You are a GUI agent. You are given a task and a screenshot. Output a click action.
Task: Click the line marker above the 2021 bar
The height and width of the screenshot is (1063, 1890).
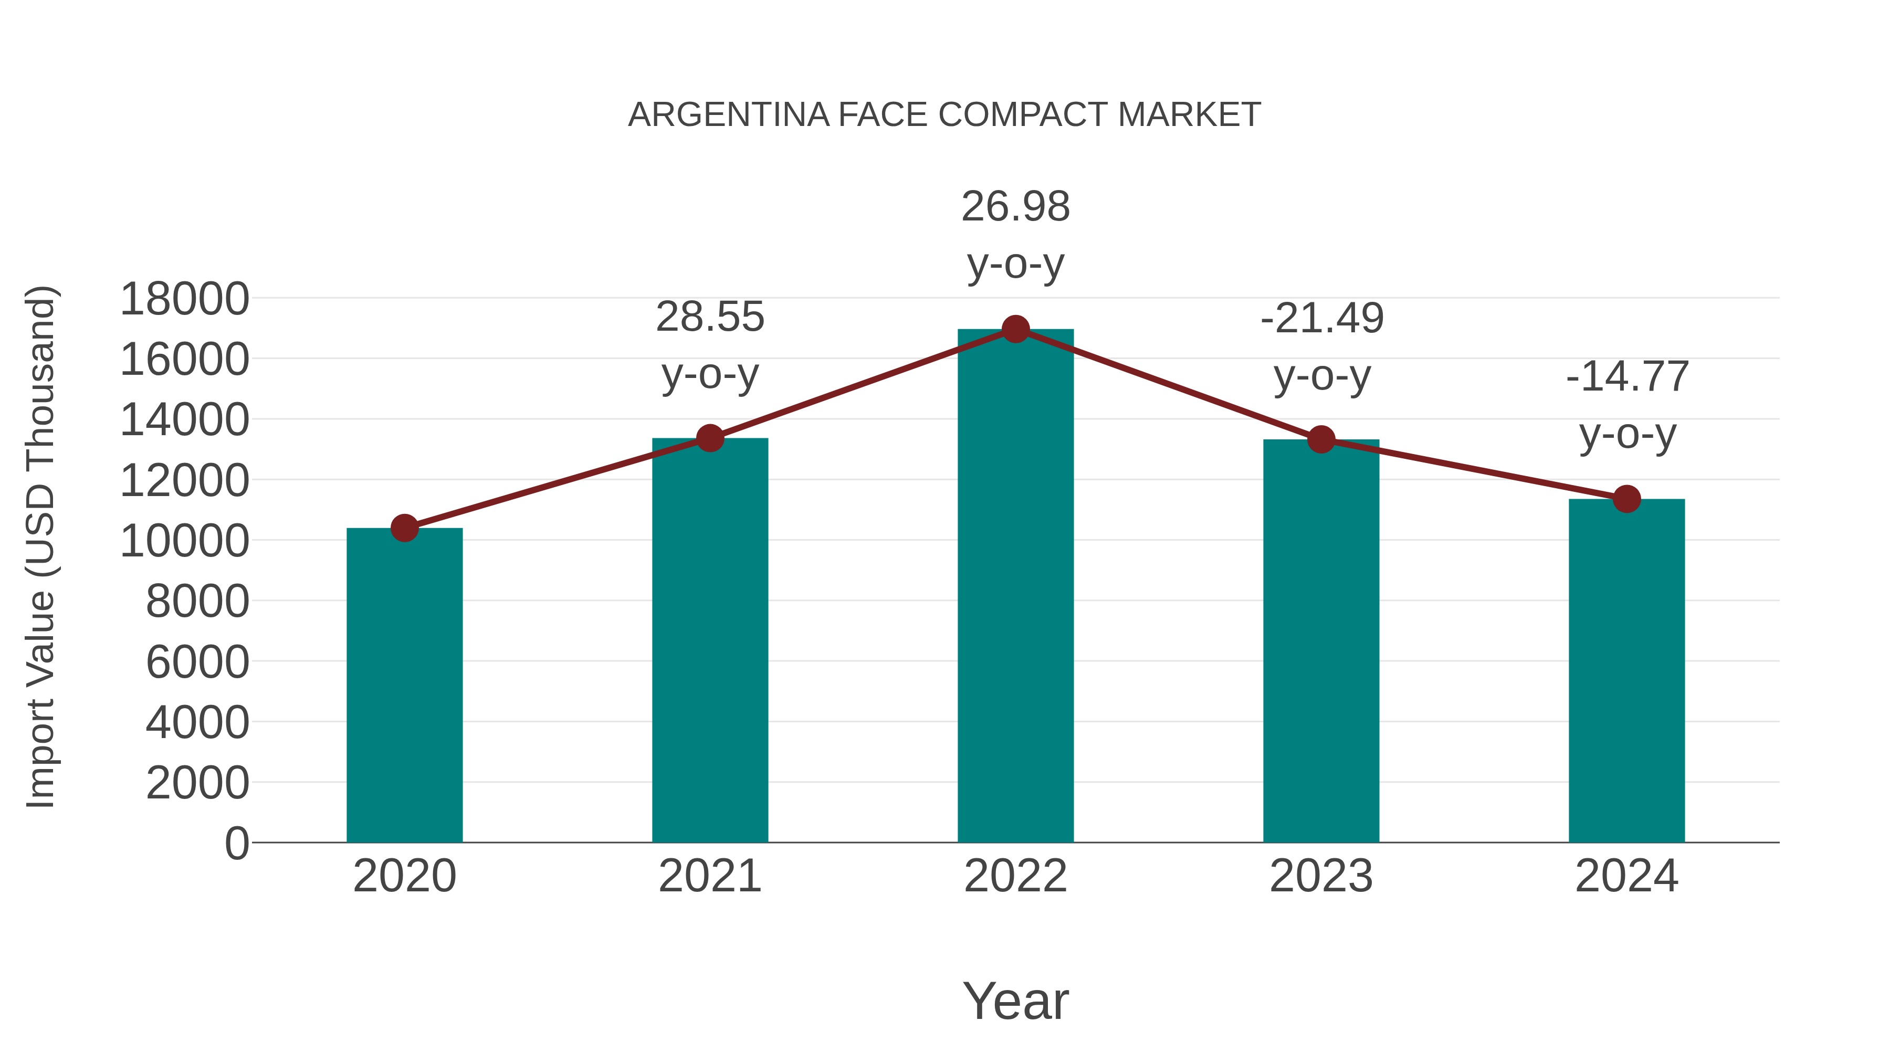point(710,439)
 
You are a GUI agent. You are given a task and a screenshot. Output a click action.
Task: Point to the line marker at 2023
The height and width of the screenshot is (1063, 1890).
point(1321,440)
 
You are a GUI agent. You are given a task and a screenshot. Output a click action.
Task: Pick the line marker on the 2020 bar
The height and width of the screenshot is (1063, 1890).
point(404,528)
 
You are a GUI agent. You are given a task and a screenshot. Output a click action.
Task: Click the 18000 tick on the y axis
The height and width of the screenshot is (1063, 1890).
point(184,299)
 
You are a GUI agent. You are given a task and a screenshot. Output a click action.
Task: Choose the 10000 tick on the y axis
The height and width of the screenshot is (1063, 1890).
point(184,541)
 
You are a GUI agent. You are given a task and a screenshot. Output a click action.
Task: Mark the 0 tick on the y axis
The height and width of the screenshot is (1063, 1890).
point(236,843)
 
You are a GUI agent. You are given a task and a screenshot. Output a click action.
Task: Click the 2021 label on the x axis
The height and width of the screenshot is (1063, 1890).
point(710,876)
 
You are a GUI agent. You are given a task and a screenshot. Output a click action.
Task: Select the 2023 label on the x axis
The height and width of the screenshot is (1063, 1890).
point(1321,876)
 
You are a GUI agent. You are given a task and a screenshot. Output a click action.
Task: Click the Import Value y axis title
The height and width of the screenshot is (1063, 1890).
point(41,546)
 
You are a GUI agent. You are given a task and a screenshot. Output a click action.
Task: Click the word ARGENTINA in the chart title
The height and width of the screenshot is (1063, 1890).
point(729,115)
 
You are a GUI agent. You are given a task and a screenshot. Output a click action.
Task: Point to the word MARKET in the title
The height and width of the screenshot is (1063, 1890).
point(1189,115)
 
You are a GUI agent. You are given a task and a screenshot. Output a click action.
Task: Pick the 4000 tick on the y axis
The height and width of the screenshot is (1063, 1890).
point(197,723)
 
